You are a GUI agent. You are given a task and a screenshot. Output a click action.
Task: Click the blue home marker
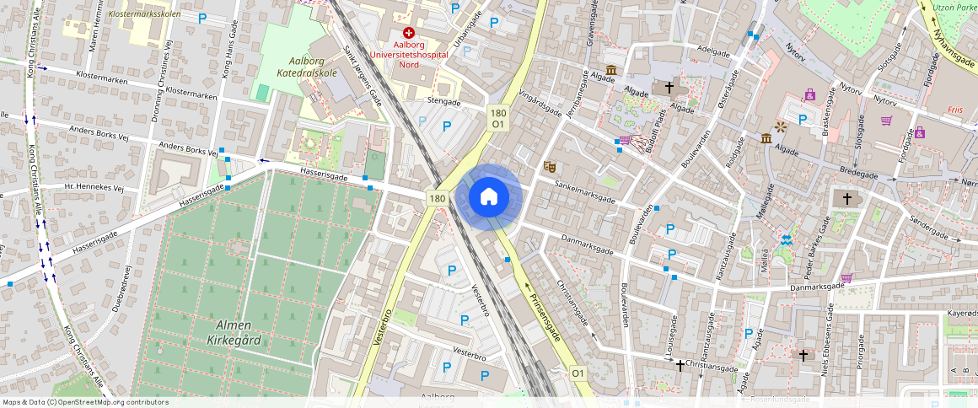pos(488,197)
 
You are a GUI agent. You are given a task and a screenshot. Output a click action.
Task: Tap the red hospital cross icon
pos(408,31)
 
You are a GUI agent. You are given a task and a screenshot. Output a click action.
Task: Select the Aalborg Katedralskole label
pos(301,67)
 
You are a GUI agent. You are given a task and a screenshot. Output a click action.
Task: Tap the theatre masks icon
pos(549,167)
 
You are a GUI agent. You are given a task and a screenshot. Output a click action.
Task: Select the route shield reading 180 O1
pos(498,118)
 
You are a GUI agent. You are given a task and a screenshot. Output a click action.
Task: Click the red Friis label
pos(955,110)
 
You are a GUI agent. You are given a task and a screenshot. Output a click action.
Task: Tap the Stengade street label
pos(444,102)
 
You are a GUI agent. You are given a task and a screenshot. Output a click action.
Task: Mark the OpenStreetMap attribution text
pos(85,402)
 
